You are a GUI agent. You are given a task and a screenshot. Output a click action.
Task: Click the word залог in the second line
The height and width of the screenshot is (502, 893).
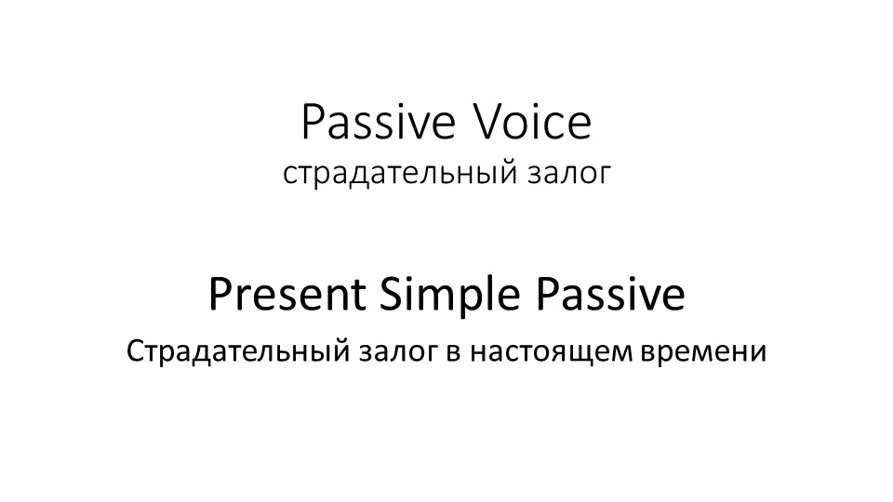[x=568, y=174]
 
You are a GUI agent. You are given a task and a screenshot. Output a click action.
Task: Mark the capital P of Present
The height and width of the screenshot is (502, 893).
[x=220, y=296]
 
